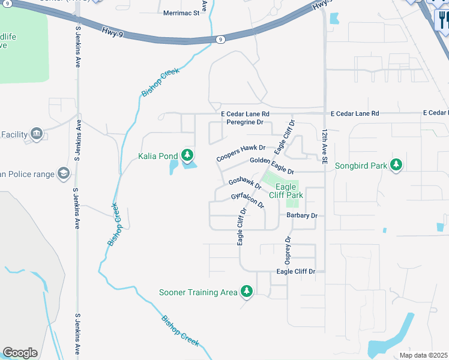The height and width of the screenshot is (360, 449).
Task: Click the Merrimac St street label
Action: (x=181, y=12)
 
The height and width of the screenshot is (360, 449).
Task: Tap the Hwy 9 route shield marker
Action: (x=221, y=40)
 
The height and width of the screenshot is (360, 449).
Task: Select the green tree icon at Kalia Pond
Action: (x=187, y=156)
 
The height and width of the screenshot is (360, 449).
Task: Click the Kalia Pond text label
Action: (x=158, y=157)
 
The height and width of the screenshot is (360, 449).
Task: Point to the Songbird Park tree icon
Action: (x=396, y=165)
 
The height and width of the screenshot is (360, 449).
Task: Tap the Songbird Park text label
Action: (x=360, y=166)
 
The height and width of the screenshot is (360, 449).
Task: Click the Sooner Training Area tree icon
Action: (x=246, y=292)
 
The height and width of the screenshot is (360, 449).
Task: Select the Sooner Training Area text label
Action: (x=198, y=293)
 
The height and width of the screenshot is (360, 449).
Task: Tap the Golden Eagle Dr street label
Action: (x=271, y=166)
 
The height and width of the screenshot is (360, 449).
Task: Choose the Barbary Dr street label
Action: (x=301, y=215)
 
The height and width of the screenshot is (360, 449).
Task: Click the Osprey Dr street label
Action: (x=288, y=250)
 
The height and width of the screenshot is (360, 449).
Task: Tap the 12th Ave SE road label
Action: (x=324, y=146)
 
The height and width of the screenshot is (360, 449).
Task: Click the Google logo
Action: (x=20, y=353)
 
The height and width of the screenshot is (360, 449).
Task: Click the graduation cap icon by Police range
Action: (x=62, y=174)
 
